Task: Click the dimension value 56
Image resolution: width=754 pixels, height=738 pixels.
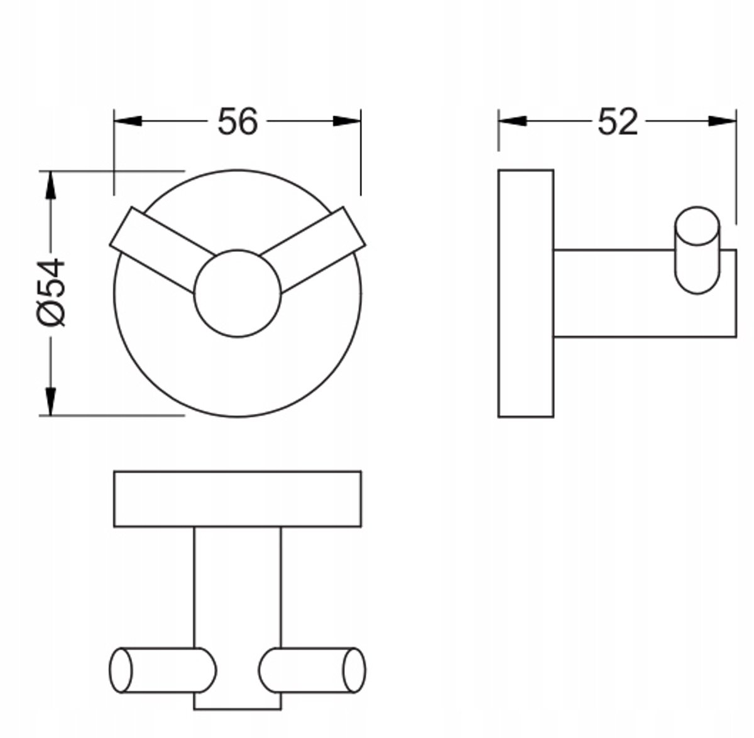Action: [x=238, y=121]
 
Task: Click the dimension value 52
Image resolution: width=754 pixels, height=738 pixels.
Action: [x=618, y=121]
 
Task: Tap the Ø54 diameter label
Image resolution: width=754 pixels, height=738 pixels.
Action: [x=51, y=292]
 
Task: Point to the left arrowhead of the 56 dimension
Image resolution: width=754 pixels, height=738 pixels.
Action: [x=128, y=121]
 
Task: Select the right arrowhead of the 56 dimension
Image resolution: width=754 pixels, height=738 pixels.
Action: [x=347, y=121]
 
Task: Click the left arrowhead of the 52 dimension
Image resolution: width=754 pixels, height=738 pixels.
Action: [x=512, y=121]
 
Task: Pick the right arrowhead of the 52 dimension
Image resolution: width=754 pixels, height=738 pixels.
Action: [x=723, y=121]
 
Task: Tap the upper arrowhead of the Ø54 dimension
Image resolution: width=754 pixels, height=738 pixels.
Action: [x=50, y=185]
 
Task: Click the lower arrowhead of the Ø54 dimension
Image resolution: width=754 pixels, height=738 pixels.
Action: [x=50, y=401]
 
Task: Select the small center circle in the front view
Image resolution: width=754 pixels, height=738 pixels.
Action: [x=238, y=293]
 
